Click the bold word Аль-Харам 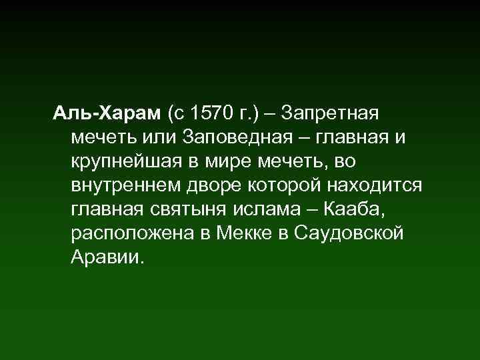(107, 113)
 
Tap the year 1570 (211, 113)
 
